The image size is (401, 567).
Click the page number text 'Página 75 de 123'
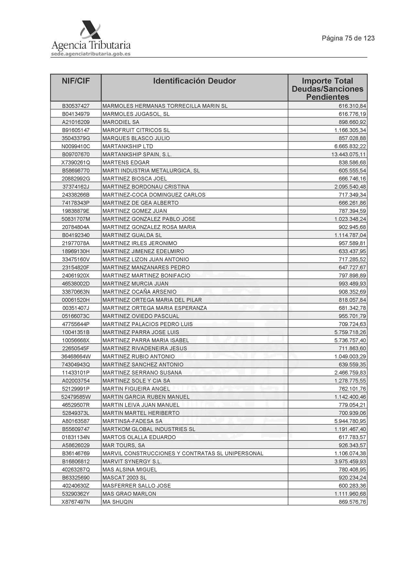[348, 38]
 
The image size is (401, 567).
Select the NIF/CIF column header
[76, 81]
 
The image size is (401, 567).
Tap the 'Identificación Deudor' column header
[194, 81]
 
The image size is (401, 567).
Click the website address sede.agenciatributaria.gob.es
[91, 54]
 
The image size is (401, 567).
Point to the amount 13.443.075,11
[348, 154]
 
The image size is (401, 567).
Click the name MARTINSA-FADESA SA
[132, 421]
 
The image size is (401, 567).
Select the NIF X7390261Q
[76, 163]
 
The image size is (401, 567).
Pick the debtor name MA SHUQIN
[118, 502]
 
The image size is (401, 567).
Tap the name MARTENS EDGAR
[126, 163]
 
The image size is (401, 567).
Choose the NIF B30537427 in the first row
[76, 106]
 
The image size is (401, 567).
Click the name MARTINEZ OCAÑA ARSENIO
[139, 292]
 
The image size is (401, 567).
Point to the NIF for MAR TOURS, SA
[76, 445]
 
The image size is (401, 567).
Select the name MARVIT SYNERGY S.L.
[132, 461]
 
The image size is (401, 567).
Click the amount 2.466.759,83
[350, 373]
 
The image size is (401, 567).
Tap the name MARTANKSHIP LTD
[128, 146]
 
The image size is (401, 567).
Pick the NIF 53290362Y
[76, 494]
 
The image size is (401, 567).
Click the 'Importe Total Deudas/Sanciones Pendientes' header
[327, 89]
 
